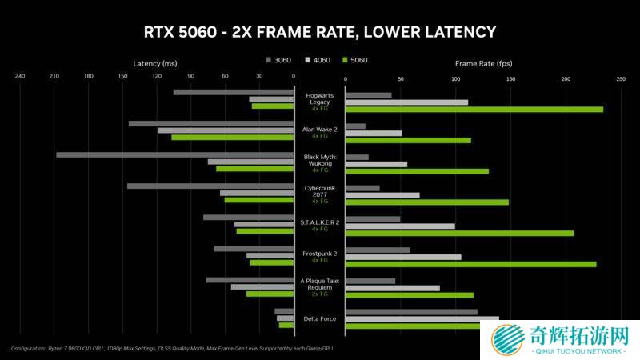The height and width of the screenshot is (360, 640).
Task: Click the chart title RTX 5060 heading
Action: tap(319, 32)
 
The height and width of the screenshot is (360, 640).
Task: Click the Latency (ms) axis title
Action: tap(155, 62)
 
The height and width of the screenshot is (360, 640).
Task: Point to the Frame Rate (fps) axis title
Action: tap(483, 62)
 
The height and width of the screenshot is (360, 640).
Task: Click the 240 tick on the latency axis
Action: tap(20, 77)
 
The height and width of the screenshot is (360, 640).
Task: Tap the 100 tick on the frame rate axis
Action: tap(455, 79)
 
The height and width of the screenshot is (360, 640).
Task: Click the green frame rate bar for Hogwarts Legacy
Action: tap(474, 109)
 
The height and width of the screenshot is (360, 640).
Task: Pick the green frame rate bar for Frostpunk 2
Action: tap(470, 263)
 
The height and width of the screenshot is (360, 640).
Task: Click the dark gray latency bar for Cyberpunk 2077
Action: tap(210, 186)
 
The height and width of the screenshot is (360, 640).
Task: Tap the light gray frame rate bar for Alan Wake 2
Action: tap(374, 133)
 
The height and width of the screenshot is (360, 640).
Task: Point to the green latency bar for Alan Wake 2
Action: tap(232, 138)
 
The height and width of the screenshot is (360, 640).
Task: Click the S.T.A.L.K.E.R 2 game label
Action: tap(320, 222)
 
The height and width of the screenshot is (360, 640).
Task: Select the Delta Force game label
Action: tap(320, 319)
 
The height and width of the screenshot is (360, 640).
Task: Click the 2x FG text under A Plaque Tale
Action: tap(320, 294)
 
